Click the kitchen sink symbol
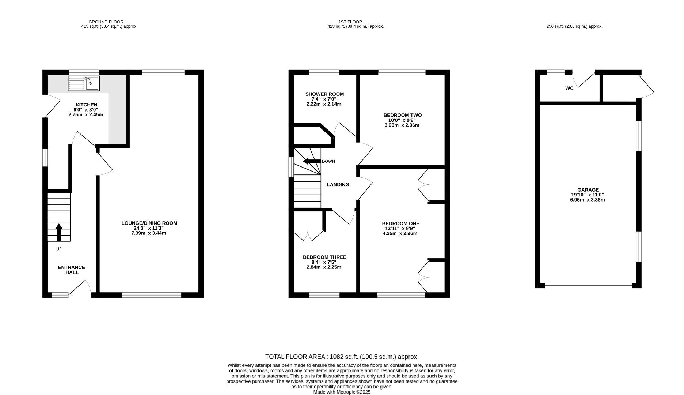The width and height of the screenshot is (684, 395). coord(83,83)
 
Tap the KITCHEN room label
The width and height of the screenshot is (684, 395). coord(86,105)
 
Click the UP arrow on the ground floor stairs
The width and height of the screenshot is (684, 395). coord(59,233)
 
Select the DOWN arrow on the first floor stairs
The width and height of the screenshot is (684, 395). coord(312,161)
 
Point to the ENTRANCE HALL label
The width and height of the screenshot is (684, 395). coord(72,270)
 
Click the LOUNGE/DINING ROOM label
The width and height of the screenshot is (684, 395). coord(149,223)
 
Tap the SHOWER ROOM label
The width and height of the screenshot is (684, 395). coord(324,94)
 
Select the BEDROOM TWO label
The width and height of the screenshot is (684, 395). coord(402,115)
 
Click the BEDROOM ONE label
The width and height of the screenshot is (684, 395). coord(400,223)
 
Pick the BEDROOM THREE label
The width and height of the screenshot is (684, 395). coord(324,257)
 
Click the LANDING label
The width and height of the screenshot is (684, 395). coord(338,185)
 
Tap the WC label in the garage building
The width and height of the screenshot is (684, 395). coord(569,88)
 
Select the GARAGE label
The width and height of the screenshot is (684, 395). coord(588,190)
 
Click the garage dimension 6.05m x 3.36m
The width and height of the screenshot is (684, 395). coord(588,200)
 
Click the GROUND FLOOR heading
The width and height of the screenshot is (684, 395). coord(106,22)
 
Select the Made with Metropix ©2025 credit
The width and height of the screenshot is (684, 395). coord(342,392)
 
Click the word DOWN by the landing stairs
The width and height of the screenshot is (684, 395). coord(328,161)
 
